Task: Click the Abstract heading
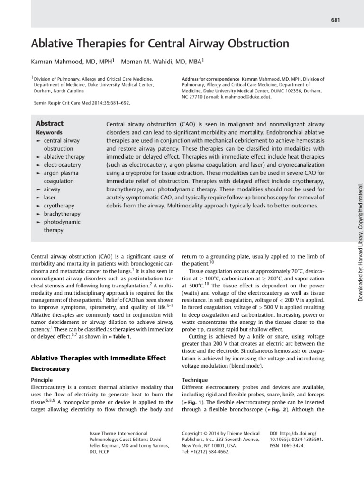[50, 123]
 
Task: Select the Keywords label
[49, 133]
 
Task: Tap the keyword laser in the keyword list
[50, 197]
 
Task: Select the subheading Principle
[42, 380]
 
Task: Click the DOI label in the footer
[273, 433]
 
